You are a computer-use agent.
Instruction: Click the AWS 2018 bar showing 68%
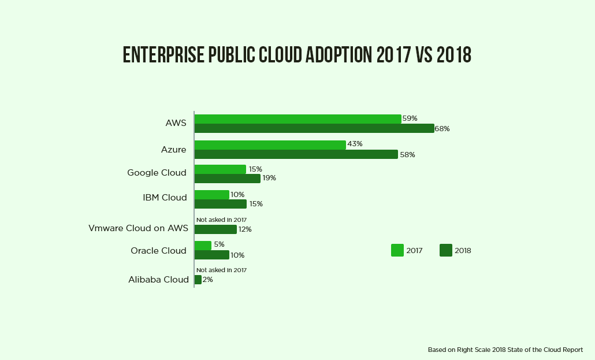314,128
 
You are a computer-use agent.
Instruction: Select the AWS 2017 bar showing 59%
297,118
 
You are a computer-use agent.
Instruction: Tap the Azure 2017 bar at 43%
270,144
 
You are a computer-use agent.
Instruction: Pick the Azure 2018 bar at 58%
296,154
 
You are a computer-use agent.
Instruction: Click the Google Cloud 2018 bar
227,179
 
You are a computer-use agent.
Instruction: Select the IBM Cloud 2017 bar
211,195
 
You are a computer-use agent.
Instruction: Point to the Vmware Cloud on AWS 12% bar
215,229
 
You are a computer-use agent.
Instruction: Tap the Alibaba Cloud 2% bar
198,280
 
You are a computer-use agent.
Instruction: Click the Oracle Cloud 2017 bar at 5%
203,246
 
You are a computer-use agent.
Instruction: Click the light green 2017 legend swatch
397,250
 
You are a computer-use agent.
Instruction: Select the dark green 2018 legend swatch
445,250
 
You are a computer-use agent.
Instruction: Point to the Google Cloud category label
157,173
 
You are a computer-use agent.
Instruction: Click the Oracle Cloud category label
158,251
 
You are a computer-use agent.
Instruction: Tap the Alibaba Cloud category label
158,280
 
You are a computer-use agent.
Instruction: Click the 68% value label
442,129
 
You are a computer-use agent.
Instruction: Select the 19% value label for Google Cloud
269,178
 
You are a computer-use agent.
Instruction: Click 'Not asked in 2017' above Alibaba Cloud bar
221,270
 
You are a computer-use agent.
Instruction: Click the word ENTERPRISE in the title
163,54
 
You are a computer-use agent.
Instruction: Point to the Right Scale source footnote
505,350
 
